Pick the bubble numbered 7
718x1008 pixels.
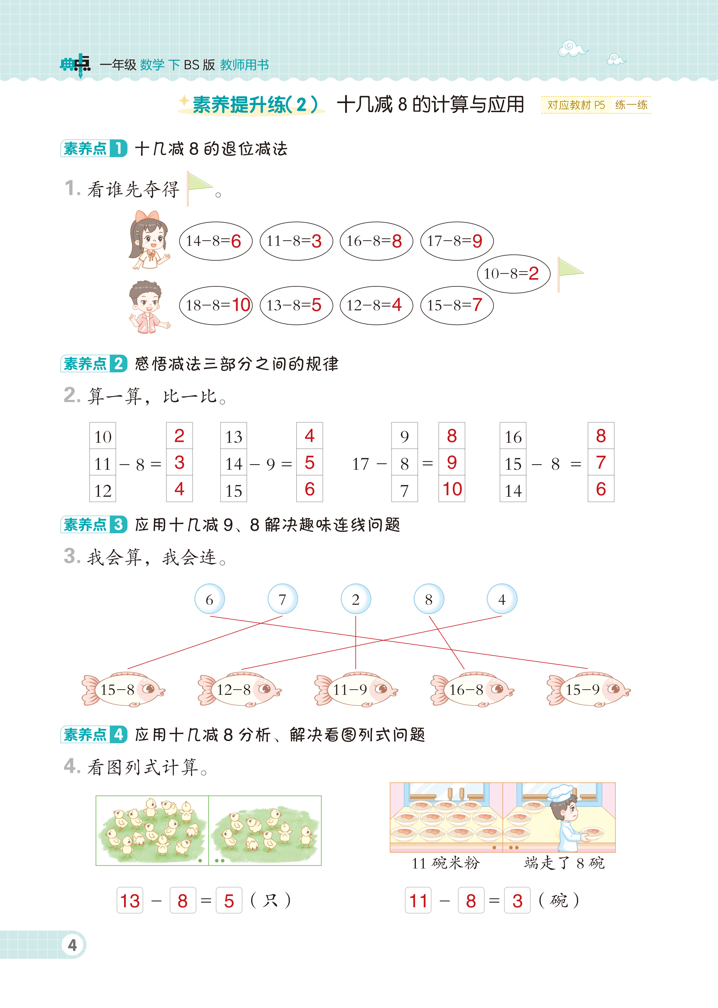[x=282, y=599]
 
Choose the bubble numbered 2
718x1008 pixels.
[x=355, y=599]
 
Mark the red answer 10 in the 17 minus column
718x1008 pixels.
[x=452, y=489]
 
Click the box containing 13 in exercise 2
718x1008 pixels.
[x=234, y=437]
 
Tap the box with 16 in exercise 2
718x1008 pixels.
[x=513, y=437]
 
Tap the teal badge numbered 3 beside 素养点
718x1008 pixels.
[x=118, y=525]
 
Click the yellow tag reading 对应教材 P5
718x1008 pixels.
[x=576, y=105]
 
